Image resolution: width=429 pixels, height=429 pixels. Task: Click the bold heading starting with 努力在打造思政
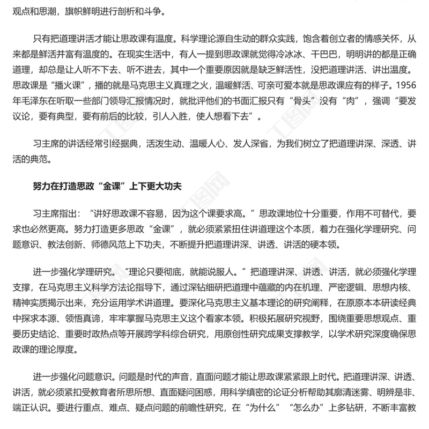click(107, 187)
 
